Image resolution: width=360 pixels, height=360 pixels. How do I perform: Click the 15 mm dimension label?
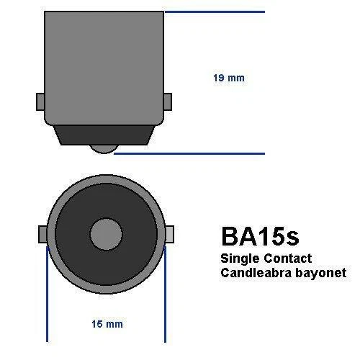[108, 324]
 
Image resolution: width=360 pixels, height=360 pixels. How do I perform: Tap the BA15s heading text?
[259, 238]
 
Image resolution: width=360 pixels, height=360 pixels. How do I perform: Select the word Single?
[241, 258]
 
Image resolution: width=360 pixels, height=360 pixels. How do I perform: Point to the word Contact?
[287, 258]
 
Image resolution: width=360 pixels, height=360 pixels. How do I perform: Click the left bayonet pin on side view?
[40, 102]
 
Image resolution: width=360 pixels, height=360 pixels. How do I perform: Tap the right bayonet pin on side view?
[168, 102]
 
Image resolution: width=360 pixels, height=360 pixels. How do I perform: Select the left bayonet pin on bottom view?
[41, 234]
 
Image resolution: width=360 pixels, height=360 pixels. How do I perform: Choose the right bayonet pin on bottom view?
[171, 234]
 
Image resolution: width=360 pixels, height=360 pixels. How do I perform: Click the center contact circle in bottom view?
[106, 234]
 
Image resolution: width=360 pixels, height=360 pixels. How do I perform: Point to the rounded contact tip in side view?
[104, 147]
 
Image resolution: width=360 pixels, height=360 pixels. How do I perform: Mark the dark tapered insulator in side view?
[104, 133]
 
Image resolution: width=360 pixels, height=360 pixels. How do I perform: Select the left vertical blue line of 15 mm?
[47, 295]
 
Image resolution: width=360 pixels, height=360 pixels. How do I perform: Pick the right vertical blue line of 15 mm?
[166, 295]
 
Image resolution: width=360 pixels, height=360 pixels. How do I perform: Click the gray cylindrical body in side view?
[104, 65]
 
